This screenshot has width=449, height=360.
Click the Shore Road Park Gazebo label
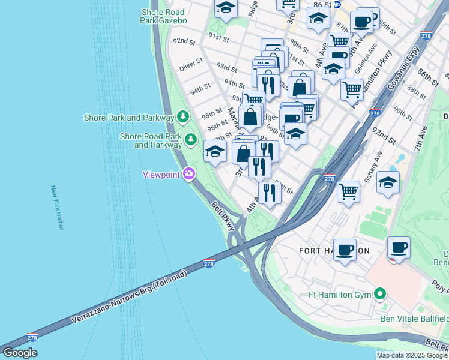(x=163, y=16)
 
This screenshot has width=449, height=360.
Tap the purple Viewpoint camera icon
(x=189, y=174)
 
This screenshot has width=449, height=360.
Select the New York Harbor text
(x=59, y=208)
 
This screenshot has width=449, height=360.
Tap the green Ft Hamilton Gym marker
(x=379, y=294)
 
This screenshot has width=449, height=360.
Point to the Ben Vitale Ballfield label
(x=414, y=318)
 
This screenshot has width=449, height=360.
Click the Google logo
(x=20, y=353)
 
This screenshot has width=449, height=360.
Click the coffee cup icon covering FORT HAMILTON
(x=345, y=249)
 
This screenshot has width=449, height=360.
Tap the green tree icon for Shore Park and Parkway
(x=183, y=115)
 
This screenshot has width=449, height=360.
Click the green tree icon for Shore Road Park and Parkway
(x=191, y=139)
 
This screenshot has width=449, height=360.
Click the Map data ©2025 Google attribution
(x=412, y=355)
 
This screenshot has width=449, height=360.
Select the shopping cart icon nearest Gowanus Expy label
(x=352, y=89)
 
